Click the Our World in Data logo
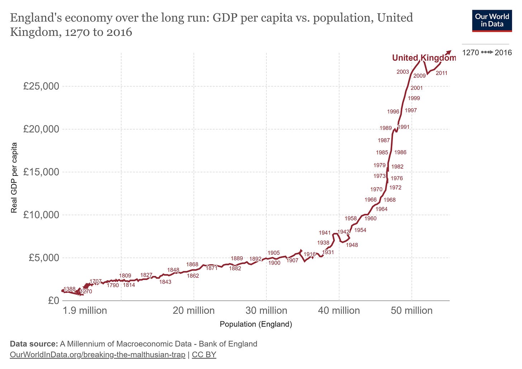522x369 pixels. [x=492, y=21]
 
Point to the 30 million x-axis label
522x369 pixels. [x=266, y=310]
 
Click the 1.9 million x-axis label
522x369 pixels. [x=85, y=310]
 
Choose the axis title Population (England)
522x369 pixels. [x=256, y=324]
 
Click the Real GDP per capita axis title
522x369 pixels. [x=14, y=178]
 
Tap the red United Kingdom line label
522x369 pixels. [x=423, y=58]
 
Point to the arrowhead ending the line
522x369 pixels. [x=449, y=52]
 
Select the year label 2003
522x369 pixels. [x=403, y=72]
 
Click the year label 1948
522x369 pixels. [x=352, y=245]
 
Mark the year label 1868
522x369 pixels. [x=192, y=265]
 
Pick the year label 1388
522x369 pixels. [x=69, y=289]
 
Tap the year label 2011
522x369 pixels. [x=441, y=73]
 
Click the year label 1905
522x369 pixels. [x=274, y=253]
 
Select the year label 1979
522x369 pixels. [x=379, y=165]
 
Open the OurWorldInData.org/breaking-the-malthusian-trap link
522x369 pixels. [x=98, y=355]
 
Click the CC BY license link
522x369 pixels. [x=204, y=355]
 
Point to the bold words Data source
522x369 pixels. [x=34, y=344]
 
